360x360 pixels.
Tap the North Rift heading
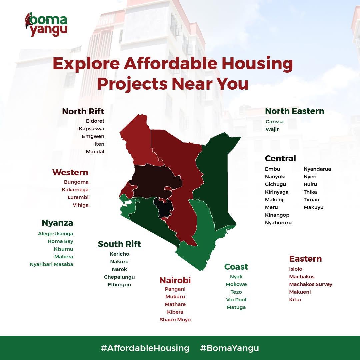pos(83,111)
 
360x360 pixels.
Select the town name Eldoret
pos(95,121)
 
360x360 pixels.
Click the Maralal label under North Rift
pos(95,152)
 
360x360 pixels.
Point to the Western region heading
pos(70,172)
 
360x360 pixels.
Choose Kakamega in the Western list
pos(75,190)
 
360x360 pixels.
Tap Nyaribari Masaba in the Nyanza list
pos(51,264)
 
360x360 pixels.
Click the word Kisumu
pos(63,249)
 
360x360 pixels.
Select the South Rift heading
pos(119,244)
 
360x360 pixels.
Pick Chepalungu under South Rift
pos(119,277)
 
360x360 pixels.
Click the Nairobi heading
pos(175,280)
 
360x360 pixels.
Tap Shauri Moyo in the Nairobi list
pos(175,320)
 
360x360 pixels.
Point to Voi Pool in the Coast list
pos(236,300)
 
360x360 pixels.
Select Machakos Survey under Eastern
pos(311,284)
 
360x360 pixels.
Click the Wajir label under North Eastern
pos(272,129)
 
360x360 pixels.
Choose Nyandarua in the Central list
pos(317,169)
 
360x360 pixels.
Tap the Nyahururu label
pos(278,223)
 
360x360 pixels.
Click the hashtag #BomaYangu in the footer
pos(229,348)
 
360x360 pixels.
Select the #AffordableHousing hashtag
pos(145,348)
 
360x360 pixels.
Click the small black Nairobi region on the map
pos(164,208)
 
